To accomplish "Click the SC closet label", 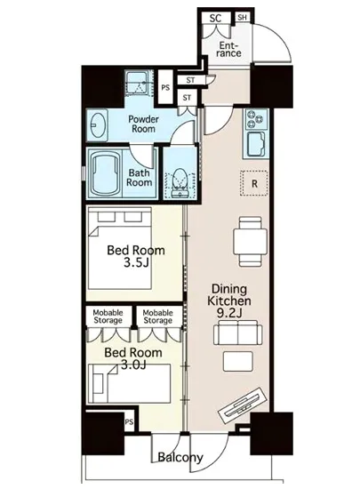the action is click(215, 18).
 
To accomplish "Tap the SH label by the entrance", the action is click(242, 17).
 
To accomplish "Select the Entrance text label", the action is click(228, 49).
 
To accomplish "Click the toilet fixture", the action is click(180, 183).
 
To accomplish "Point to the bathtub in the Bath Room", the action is click(107, 173).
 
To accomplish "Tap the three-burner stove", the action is click(256, 119).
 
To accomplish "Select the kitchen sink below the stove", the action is click(256, 144).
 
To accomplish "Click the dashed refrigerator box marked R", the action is click(254, 183).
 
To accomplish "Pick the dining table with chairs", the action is click(250, 242).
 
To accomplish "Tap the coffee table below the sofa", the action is click(238, 362).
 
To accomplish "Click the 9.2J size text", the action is click(229, 313).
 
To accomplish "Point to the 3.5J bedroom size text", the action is click(136, 263).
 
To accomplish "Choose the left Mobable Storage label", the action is click(108, 317).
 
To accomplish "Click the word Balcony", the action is click(180, 458).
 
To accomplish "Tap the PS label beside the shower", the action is click(165, 88).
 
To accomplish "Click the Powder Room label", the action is click(143, 124).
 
